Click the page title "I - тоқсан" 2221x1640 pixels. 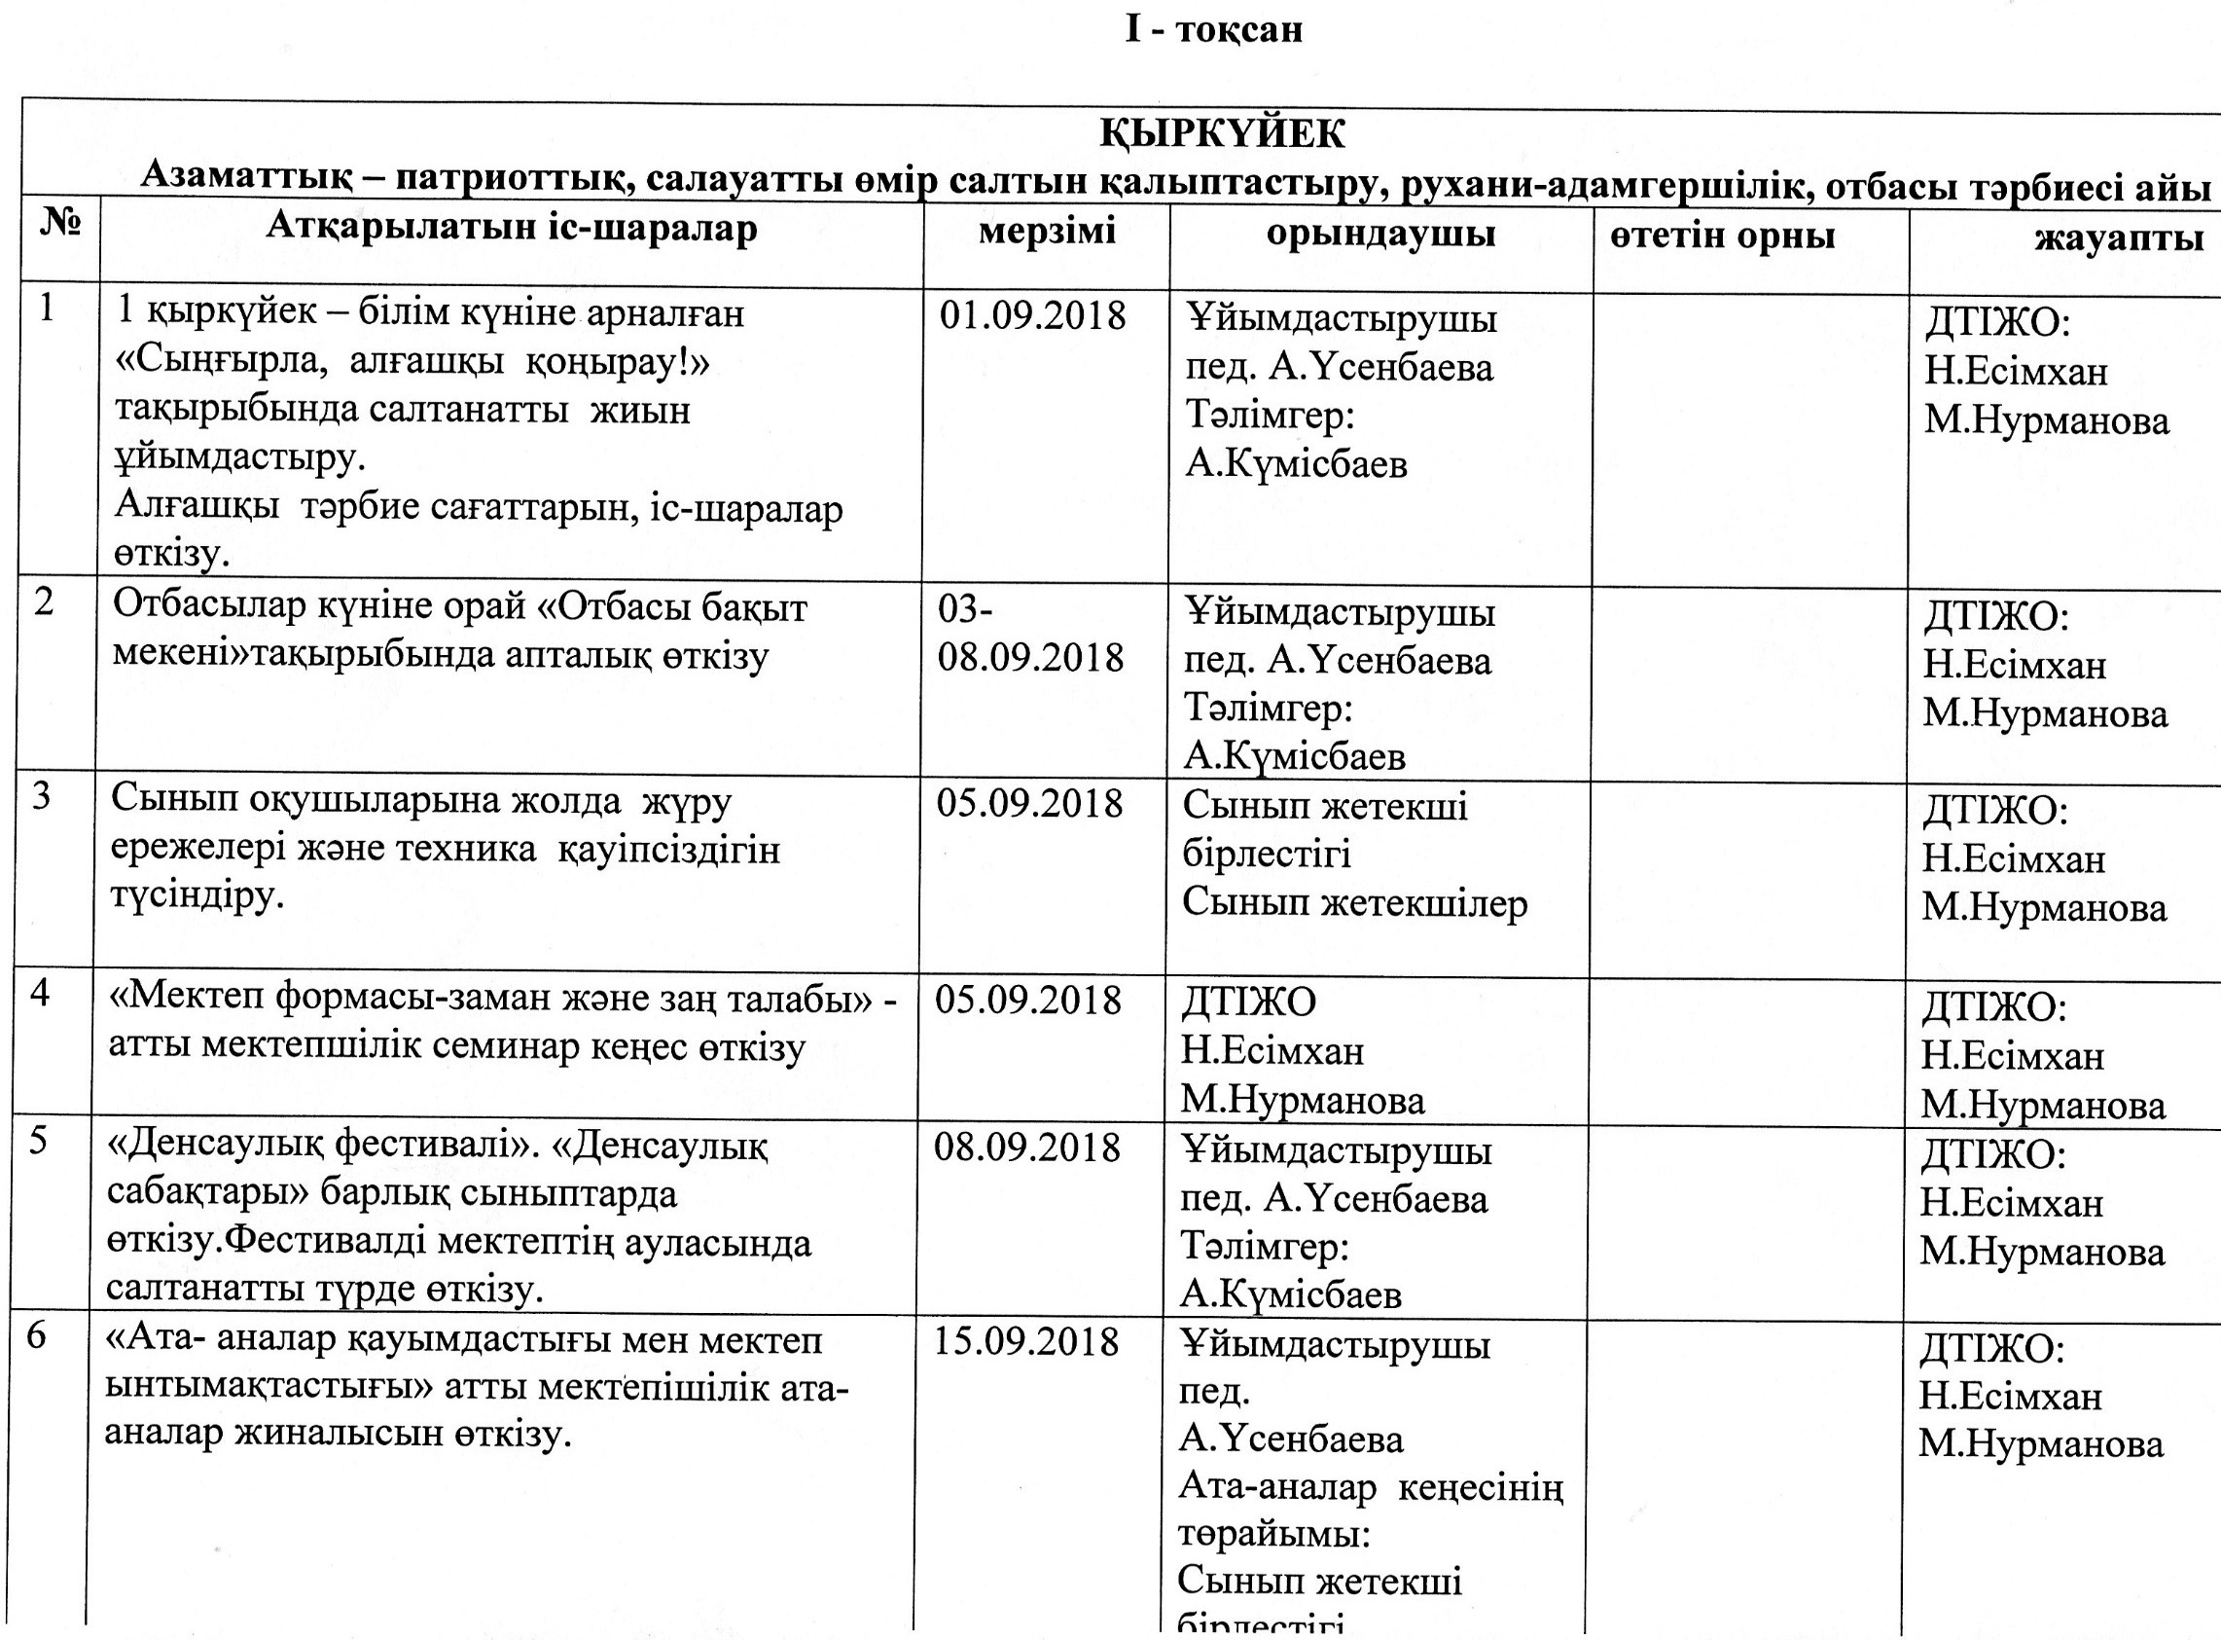(x=1213, y=30)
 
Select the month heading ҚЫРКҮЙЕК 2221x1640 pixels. (x=1222, y=133)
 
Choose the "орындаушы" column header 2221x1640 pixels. (x=1380, y=234)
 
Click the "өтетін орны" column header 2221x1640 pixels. (x=1722, y=237)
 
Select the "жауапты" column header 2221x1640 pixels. (x=2119, y=238)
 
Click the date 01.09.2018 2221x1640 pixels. (x=1032, y=315)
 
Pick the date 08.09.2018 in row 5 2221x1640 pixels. (x=1027, y=1148)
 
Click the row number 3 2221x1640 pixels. (x=42, y=796)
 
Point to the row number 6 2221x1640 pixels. (x=37, y=1336)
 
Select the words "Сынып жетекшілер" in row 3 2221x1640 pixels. (x=1354, y=903)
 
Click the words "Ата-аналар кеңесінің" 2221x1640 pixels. (x=1371, y=1488)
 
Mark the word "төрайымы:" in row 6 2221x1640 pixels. (x=1274, y=1535)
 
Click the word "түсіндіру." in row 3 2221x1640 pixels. (x=197, y=897)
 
